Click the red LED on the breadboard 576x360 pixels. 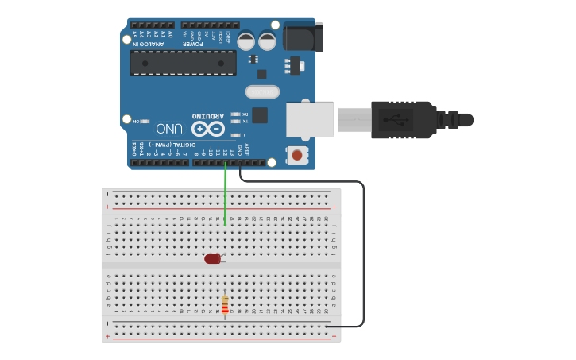point(212,258)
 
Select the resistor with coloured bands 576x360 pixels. point(225,305)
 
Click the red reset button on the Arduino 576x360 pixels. point(297,154)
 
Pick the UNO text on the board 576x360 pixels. point(170,128)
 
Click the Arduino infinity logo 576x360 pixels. point(208,128)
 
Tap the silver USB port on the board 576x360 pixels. point(310,119)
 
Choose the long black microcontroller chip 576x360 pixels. point(184,64)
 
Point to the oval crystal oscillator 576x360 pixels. point(263,92)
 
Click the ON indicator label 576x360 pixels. point(135,121)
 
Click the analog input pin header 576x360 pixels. point(152,25)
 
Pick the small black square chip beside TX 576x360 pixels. point(260,115)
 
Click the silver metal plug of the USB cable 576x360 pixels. point(354,120)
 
